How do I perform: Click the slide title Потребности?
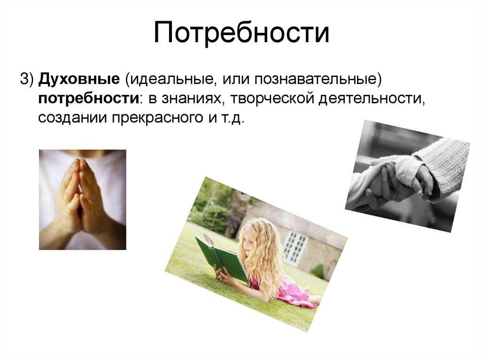(x=240, y=34)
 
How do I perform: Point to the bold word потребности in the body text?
(x=88, y=99)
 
